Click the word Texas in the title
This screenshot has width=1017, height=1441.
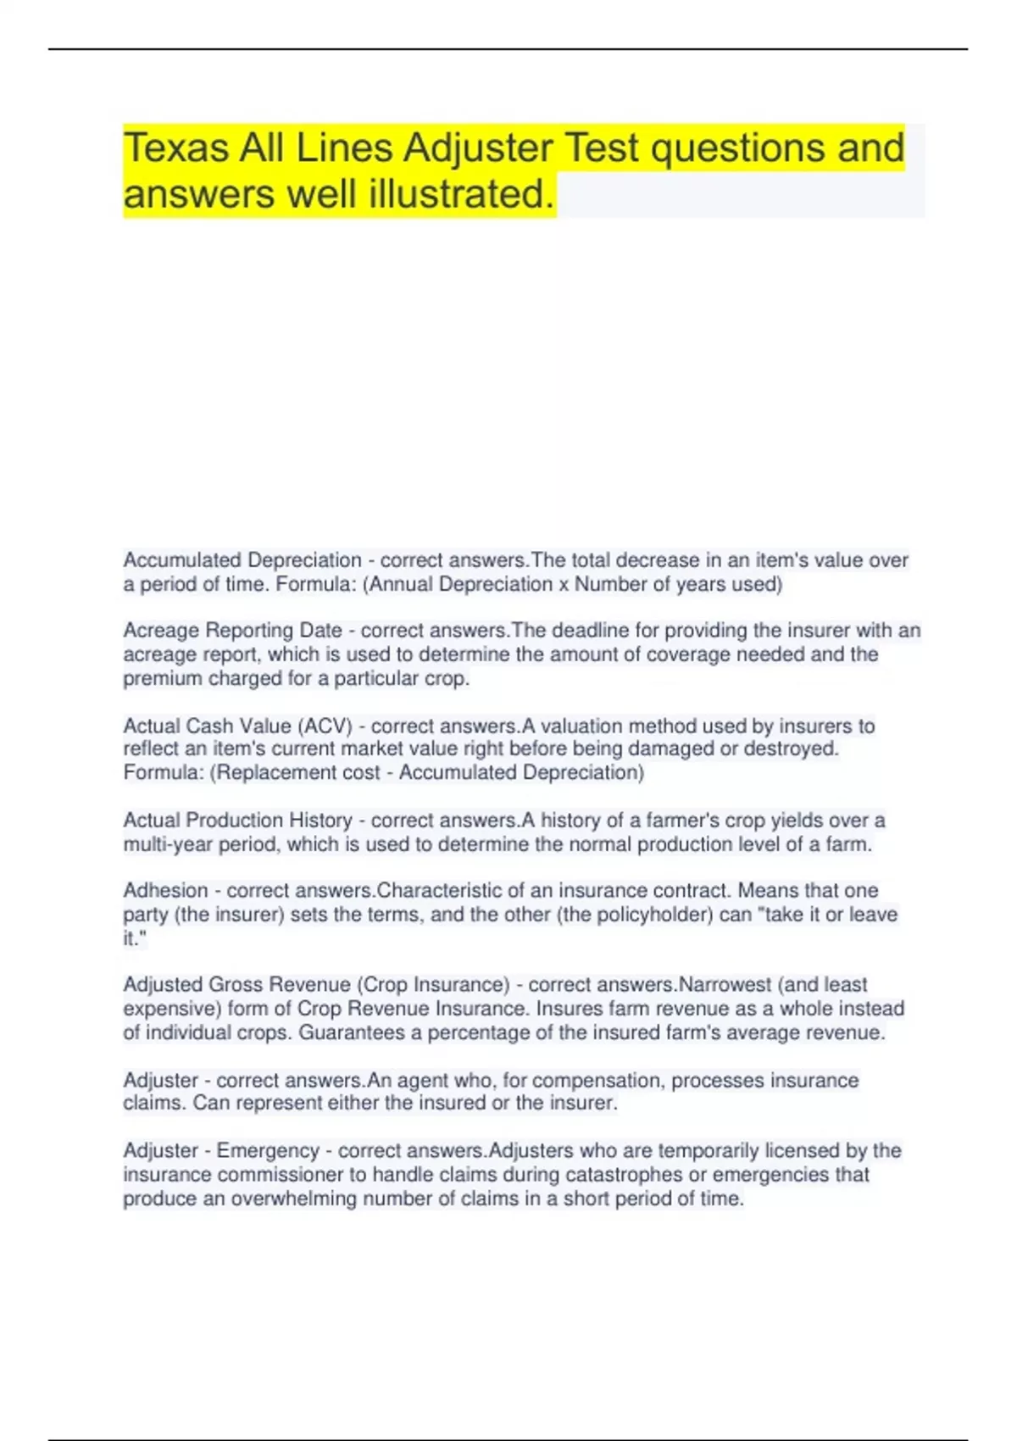176,148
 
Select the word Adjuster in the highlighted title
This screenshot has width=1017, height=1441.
478,148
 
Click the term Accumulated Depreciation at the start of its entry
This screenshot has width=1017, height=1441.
242,560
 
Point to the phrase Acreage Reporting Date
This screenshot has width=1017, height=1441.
232,631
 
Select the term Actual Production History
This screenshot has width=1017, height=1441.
237,821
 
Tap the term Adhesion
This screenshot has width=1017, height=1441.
165,891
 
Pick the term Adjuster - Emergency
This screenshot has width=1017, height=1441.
221,1151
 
